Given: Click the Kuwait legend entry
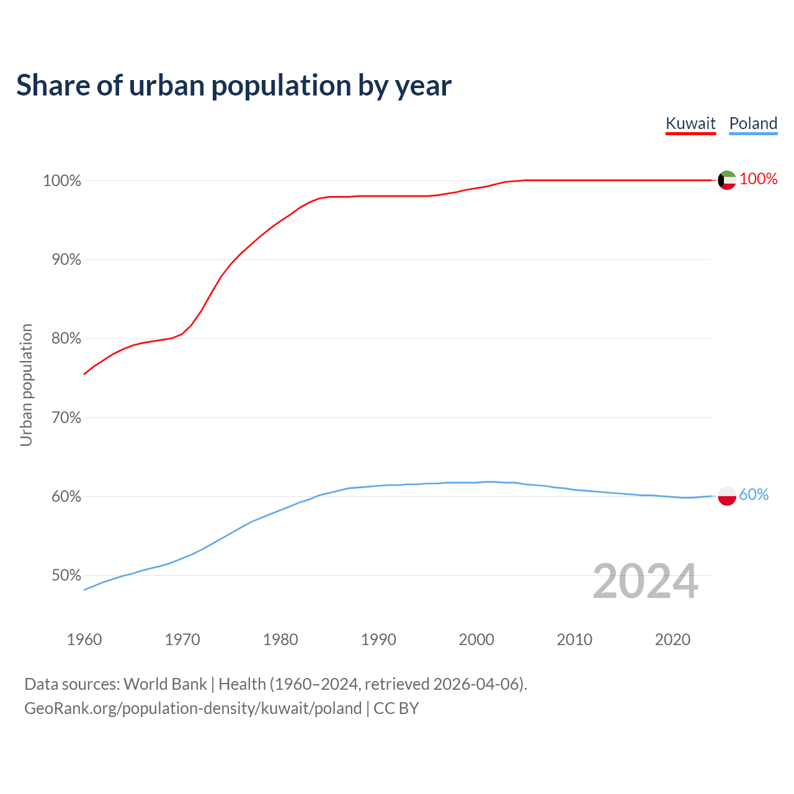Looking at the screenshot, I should click(690, 123).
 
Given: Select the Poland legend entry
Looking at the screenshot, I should click(753, 123).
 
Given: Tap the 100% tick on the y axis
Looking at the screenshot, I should click(62, 181).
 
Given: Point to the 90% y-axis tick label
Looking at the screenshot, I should click(66, 260).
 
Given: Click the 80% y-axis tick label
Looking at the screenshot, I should click(66, 339).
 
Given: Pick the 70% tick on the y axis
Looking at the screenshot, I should click(66, 417).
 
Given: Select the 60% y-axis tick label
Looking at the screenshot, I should click(66, 496).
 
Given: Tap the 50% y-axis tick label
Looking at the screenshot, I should click(66, 576).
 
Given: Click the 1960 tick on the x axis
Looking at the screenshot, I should click(84, 640).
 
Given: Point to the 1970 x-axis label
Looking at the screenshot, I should click(182, 640).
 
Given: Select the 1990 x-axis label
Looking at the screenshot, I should click(378, 640).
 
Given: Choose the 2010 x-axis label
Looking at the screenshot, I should click(574, 640).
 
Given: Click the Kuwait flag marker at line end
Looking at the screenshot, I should click(727, 181).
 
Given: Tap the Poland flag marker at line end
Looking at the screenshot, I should click(727, 496).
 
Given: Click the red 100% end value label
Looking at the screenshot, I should click(758, 179).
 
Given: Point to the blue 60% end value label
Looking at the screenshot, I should click(754, 495).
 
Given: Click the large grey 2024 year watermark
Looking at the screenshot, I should click(645, 582).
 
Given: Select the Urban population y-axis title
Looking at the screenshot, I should click(26, 385).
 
